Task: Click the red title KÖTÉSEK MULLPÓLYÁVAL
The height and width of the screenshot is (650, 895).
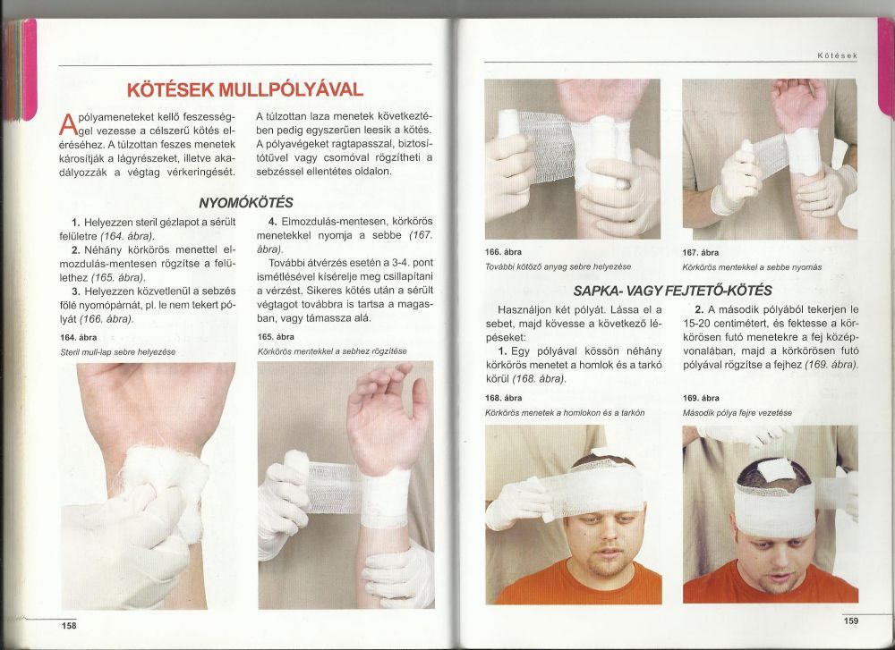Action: (x=245, y=89)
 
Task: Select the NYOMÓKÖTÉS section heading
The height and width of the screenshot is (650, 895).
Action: (x=246, y=202)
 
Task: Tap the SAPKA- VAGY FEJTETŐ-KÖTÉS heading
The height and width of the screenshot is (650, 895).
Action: (x=672, y=291)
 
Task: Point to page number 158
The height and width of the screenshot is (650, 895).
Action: (x=69, y=626)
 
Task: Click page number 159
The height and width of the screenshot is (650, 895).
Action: (x=850, y=620)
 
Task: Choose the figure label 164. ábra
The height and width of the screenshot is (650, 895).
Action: (x=78, y=338)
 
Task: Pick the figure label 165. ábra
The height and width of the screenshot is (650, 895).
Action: (x=276, y=337)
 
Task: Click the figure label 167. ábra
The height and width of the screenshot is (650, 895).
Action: (x=701, y=253)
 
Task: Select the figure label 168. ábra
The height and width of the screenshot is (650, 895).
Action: (x=503, y=398)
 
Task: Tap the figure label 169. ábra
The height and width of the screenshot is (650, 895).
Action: (x=701, y=398)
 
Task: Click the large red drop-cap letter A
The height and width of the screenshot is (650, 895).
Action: (x=67, y=124)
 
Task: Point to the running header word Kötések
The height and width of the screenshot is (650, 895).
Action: (x=838, y=55)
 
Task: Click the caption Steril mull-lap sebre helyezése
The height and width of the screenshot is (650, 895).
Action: (x=117, y=352)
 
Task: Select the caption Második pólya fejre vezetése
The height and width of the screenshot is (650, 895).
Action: (x=737, y=413)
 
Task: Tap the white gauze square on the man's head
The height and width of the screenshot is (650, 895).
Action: (x=774, y=469)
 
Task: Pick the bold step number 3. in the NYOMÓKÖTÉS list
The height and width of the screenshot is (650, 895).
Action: (x=75, y=291)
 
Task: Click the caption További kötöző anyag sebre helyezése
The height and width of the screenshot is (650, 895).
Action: (x=558, y=266)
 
